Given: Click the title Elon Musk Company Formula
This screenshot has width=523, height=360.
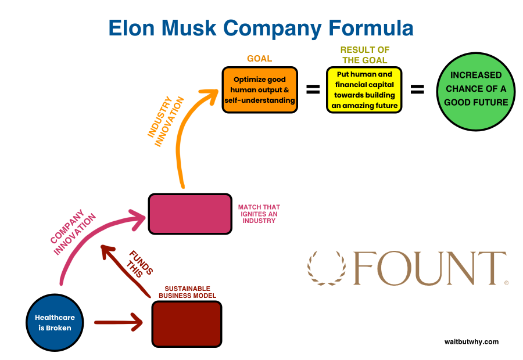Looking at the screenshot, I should click(x=261, y=28).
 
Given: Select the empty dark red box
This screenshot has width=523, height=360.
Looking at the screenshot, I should click(x=187, y=324).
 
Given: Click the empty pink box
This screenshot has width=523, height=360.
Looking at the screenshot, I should click(x=190, y=214).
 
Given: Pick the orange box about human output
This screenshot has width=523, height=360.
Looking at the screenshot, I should click(x=260, y=89).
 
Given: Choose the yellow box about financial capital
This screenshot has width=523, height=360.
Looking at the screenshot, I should click(x=364, y=89).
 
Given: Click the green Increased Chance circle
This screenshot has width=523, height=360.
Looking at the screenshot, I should click(x=476, y=89).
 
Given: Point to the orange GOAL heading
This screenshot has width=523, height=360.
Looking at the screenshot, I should click(x=259, y=59).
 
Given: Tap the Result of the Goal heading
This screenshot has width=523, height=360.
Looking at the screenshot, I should click(x=364, y=55).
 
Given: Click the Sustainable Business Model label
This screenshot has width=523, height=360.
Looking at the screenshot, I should click(x=187, y=292).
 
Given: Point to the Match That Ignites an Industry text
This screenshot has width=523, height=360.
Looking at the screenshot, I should click(x=259, y=214).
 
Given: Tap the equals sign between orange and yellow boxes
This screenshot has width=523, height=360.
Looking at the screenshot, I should click(x=313, y=89).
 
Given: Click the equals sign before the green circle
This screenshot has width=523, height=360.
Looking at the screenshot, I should click(x=417, y=89).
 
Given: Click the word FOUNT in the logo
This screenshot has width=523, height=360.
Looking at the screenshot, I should click(x=429, y=268).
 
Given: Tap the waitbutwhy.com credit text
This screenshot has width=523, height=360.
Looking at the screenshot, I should click(x=471, y=342).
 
